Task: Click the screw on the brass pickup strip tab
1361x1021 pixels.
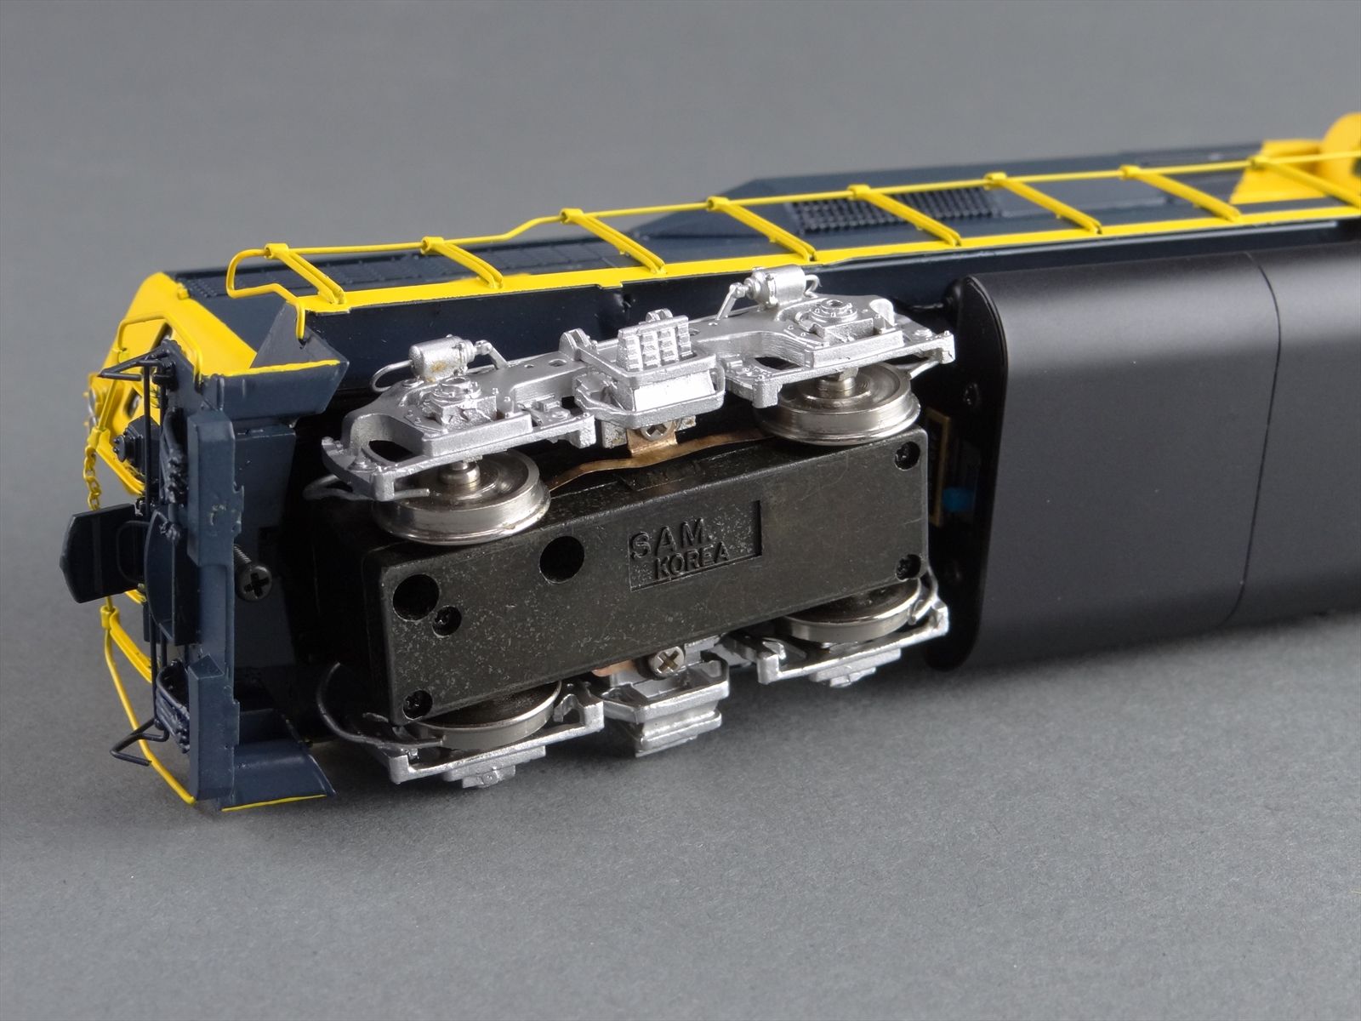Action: pos(656,429)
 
